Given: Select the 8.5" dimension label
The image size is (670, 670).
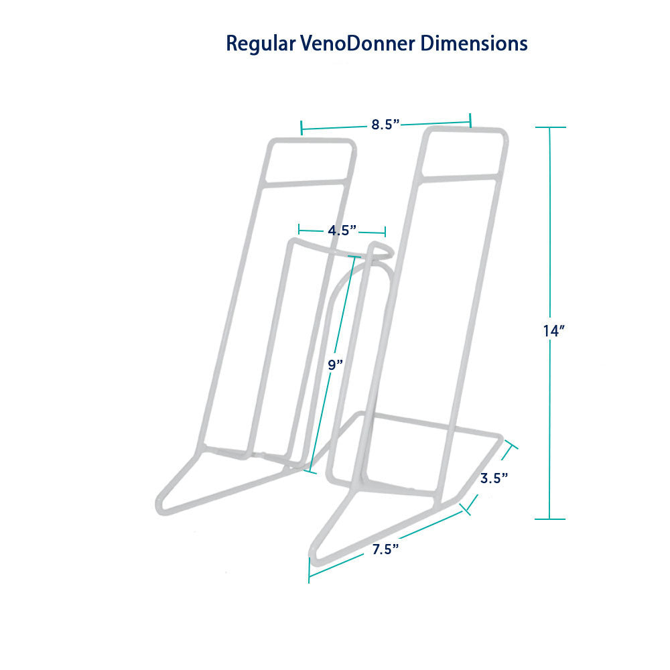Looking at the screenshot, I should [385, 124].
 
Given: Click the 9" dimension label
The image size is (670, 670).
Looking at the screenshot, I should [336, 364].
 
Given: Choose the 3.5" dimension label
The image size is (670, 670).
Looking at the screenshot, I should [494, 478].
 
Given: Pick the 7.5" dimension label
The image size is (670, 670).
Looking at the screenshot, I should [386, 549].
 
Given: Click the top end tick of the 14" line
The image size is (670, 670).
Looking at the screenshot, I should [549, 127].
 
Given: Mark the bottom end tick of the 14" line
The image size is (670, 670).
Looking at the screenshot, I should [549, 519].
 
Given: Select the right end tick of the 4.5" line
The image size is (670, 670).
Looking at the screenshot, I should [385, 232].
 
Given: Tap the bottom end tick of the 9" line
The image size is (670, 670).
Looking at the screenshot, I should [310, 471].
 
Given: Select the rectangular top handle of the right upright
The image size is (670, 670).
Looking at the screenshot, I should [464, 152].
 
